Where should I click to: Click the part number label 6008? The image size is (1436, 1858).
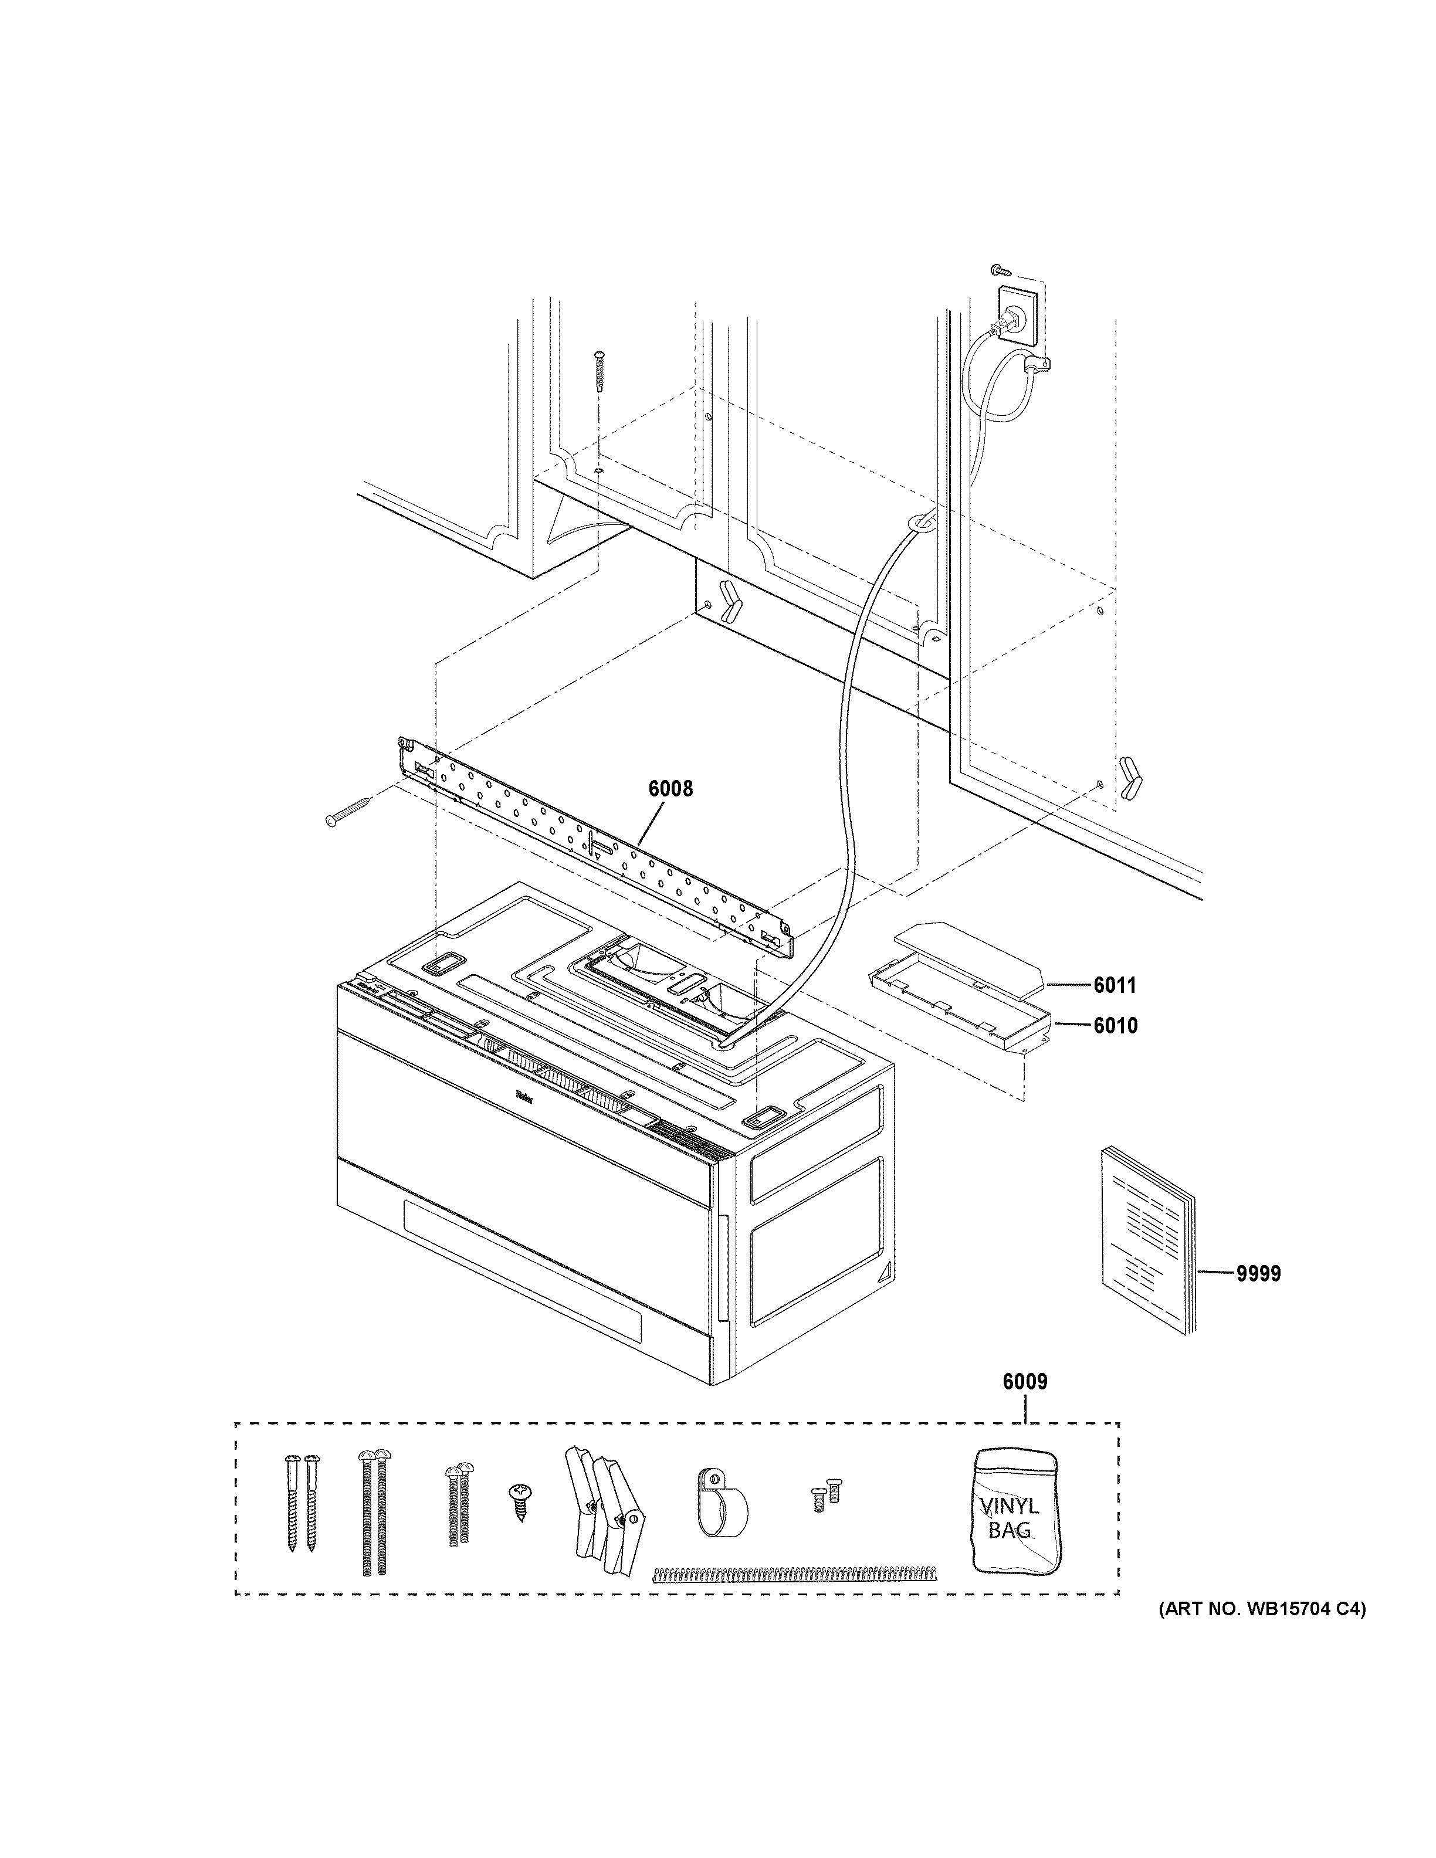670,789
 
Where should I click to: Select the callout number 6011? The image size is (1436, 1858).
1115,985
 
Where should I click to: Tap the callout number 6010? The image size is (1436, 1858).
1115,1026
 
